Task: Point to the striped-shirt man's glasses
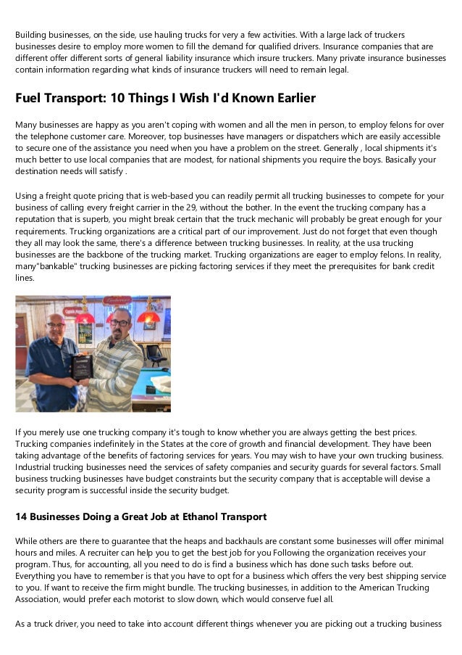120,321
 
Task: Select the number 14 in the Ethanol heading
22,517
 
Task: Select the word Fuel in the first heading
29,97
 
